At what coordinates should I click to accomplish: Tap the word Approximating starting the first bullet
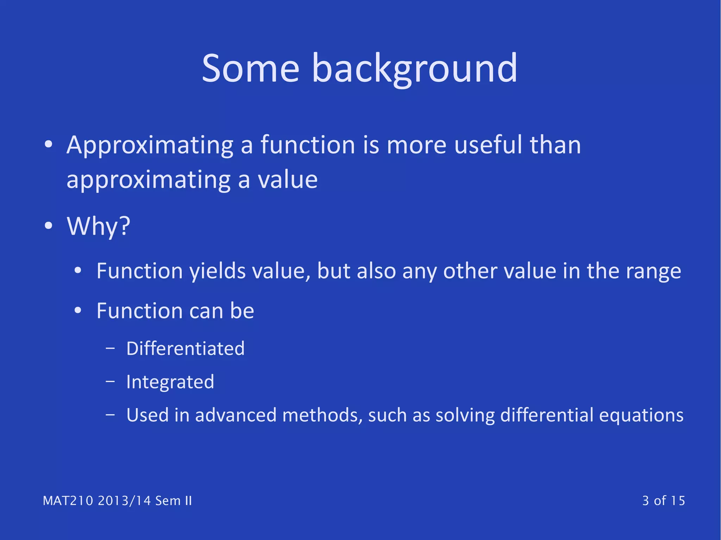point(150,145)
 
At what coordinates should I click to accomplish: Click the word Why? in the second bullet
point(99,226)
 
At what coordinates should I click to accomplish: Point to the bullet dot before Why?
point(49,225)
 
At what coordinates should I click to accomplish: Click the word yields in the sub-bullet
point(217,271)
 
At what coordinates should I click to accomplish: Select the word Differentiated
point(185,349)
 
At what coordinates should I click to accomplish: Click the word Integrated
point(170,382)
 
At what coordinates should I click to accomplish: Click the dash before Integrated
point(110,381)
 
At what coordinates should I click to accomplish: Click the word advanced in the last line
point(236,415)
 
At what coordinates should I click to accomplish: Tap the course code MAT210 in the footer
point(68,501)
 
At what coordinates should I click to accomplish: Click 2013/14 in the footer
point(124,501)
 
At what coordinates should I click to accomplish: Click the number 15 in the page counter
point(678,501)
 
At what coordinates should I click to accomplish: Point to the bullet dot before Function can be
point(78,311)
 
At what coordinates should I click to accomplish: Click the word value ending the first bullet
point(288,179)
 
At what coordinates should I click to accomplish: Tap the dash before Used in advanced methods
point(110,415)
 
